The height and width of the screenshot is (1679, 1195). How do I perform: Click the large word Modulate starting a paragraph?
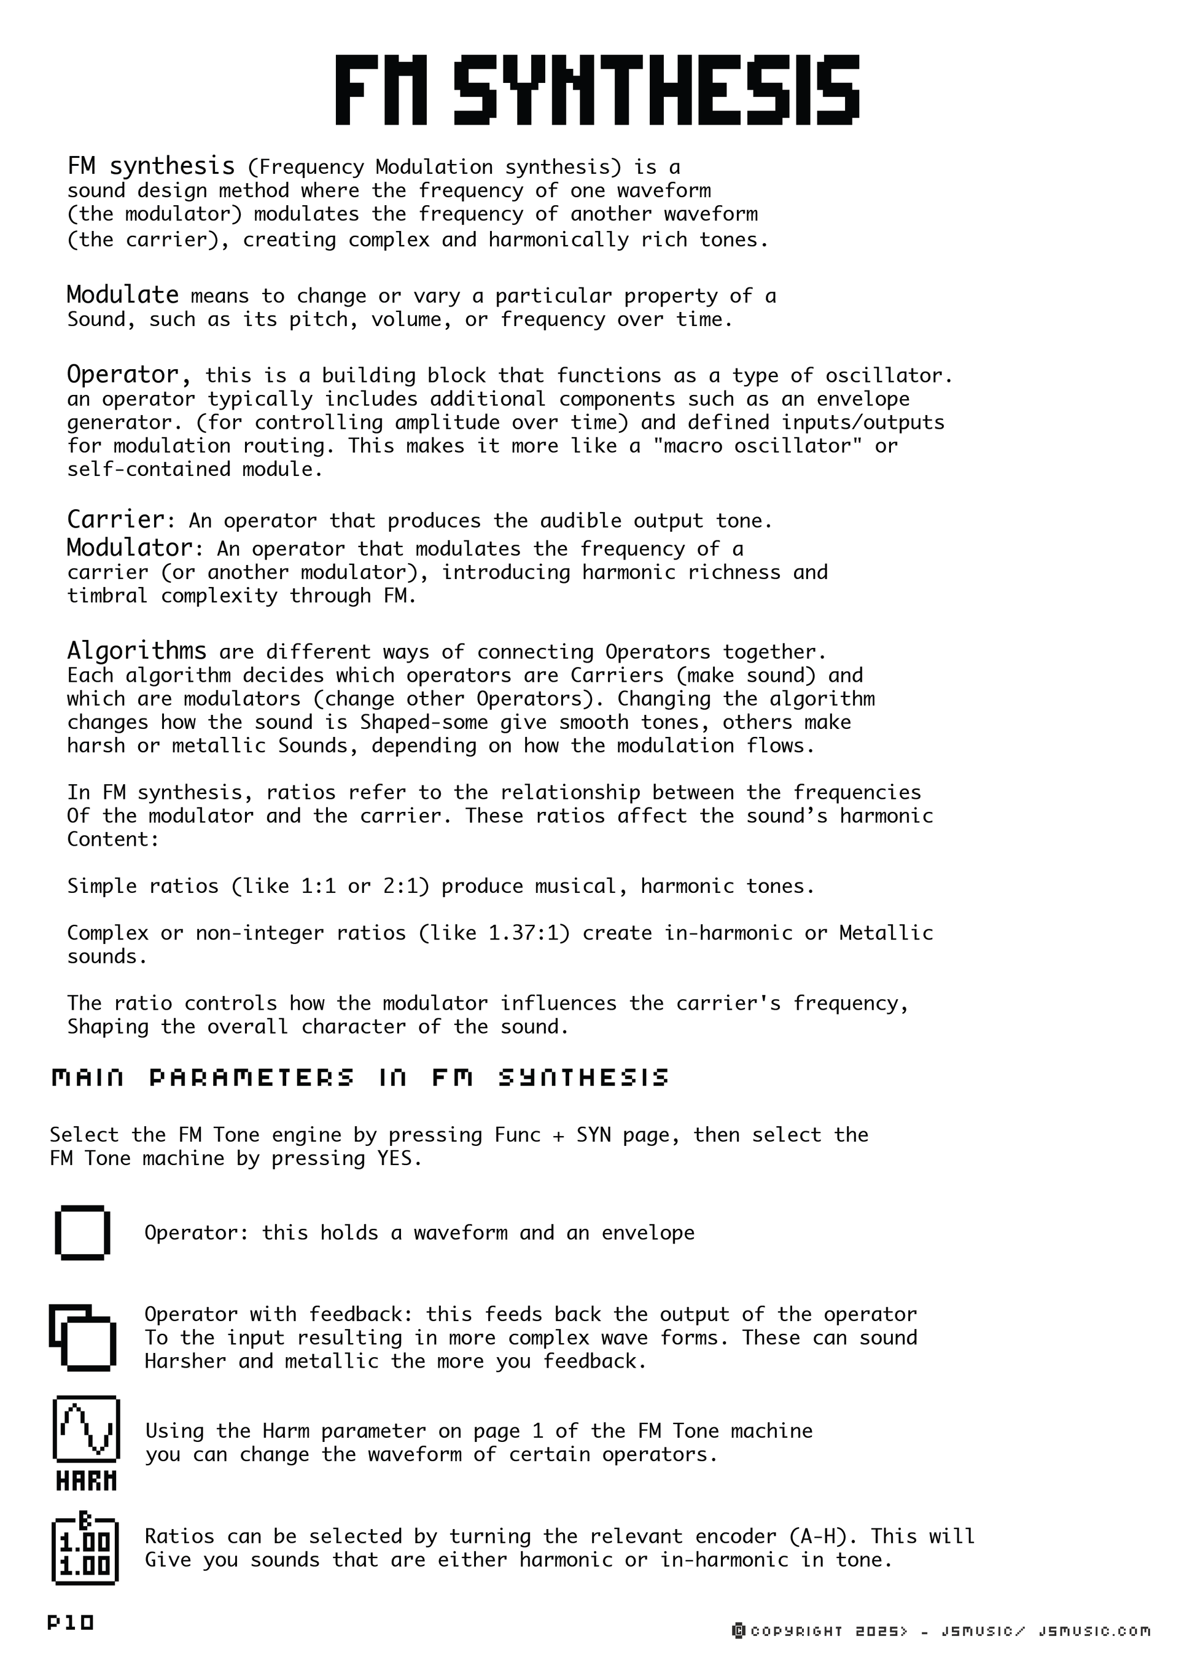[x=122, y=295]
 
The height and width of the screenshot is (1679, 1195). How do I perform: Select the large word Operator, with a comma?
[x=130, y=375]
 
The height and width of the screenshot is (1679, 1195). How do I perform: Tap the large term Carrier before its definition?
[x=116, y=520]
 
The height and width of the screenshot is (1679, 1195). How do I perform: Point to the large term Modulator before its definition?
[x=130, y=548]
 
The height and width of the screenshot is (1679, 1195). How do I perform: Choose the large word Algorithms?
[x=136, y=650]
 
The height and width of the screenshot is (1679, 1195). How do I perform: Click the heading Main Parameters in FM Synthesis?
[x=360, y=1078]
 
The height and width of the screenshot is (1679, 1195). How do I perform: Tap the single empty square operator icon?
[x=82, y=1233]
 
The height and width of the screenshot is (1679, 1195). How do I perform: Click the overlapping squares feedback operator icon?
[x=82, y=1338]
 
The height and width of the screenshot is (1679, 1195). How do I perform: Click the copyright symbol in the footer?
[x=739, y=1632]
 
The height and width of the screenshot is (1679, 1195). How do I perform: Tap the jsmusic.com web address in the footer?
[x=1094, y=1632]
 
